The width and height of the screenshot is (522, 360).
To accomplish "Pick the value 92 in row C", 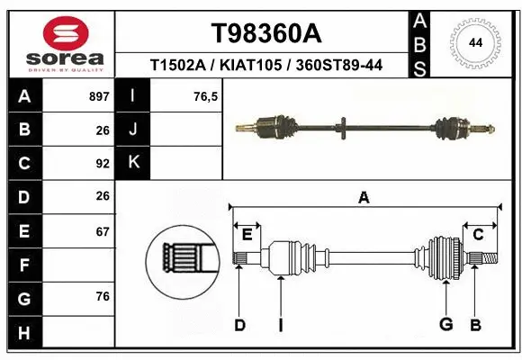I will point(102,164).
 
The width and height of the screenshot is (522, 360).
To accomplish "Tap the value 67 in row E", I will point(102,231).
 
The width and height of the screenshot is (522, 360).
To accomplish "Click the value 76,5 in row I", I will point(206,96).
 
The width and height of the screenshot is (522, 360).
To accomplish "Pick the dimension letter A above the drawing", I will point(364,198).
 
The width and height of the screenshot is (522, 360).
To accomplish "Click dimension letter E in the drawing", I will point(246,235).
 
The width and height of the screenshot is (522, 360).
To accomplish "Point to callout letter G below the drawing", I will point(445,325).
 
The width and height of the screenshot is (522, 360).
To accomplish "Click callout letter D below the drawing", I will point(239,325).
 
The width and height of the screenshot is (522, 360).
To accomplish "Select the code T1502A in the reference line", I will point(180,67).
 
